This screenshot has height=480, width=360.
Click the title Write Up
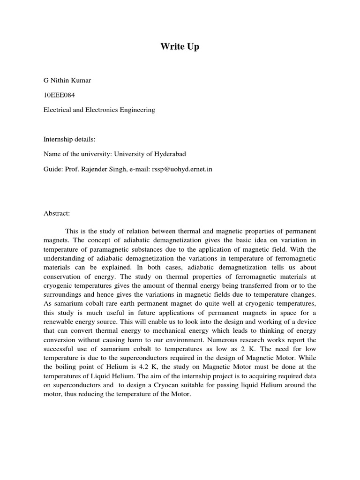pos(180,47)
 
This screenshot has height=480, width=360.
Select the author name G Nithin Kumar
pos(67,80)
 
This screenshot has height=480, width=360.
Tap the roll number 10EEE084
pos(59,95)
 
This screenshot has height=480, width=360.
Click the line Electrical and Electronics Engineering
pos(99,110)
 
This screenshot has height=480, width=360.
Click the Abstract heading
pos(56,213)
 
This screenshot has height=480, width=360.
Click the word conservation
pos(61,277)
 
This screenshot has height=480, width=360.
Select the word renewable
pos(58,322)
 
